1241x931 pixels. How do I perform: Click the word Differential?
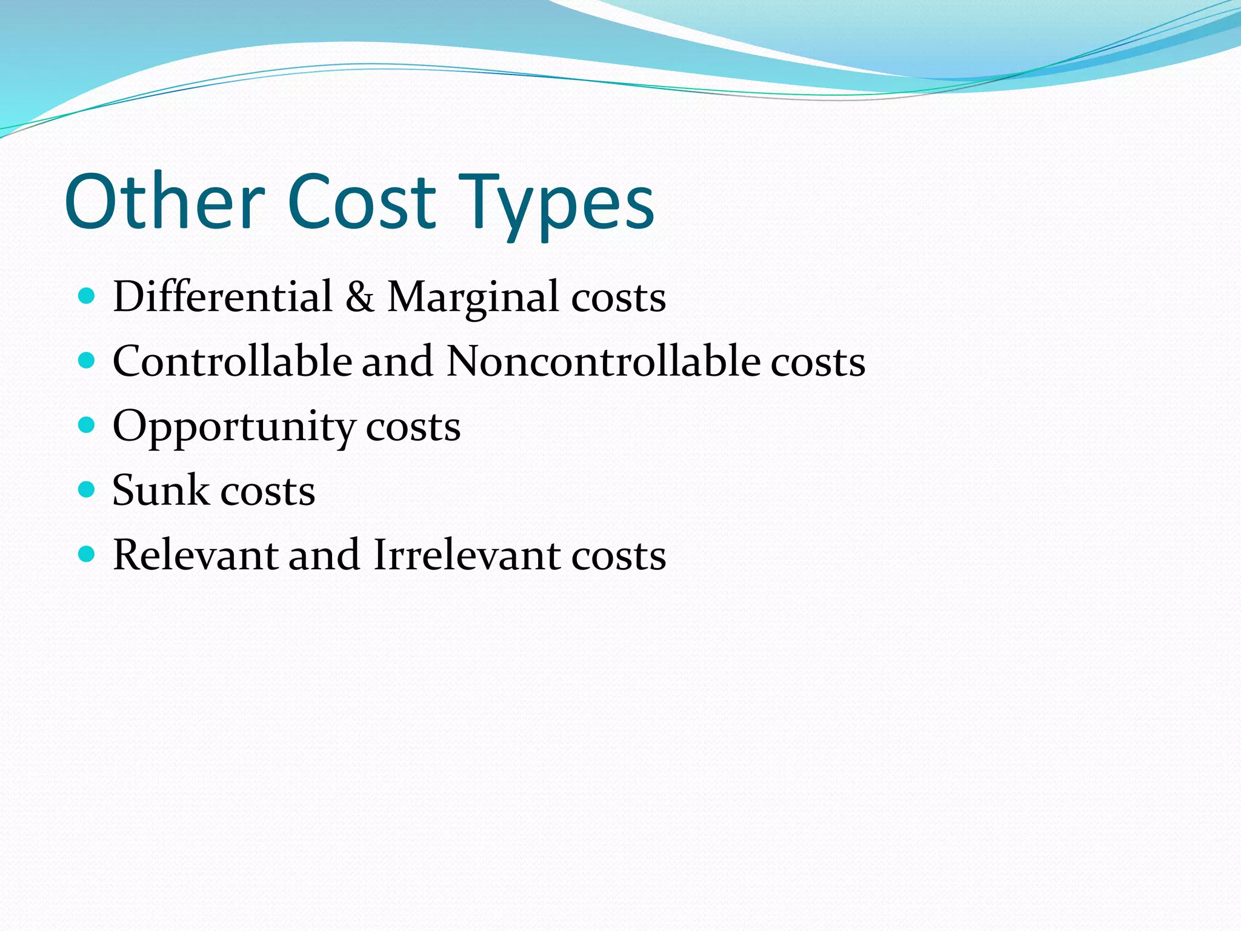click(x=222, y=297)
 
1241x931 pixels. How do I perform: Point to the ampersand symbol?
click(x=360, y=297)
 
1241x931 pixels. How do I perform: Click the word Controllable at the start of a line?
click(x=232, y=361)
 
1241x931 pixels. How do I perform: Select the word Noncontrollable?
click(x=604, y=361)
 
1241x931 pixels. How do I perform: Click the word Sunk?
click(x=160, y=490)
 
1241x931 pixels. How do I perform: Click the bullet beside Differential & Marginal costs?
click(x=87, y=296)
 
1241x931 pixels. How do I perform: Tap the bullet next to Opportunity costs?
click(x=87, y=425)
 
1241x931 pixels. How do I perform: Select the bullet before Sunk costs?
click(x=87, y=490)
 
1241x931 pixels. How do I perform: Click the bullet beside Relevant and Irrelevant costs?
click(x=87, y=554)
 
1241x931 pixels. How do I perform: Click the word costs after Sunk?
click(x=268, y=492)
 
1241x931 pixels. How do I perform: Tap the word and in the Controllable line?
click(x=398, y=361)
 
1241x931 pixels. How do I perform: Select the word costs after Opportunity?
click(x=413, y=428)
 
